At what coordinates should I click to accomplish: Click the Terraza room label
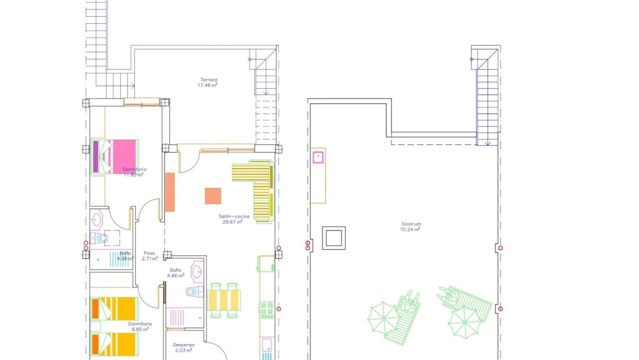pos(209,79)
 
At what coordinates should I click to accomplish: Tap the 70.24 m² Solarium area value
pos(411,230)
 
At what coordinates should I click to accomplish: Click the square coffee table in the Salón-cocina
pos(213,196)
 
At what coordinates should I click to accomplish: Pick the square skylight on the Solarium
pos(333,238)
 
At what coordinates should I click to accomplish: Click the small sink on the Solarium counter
pos(318,157)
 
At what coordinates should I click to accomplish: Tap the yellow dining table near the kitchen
pos(224,300)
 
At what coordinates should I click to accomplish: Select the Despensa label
pos(183,345)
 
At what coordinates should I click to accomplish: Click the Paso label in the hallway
pos(149,253)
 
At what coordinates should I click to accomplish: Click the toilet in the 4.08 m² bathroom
pos(101,238)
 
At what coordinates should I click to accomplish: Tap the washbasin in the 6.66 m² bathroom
pos(197,271)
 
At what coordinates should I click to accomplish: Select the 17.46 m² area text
pos(208,85)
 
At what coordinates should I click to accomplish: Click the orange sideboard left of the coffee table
pos(170,192)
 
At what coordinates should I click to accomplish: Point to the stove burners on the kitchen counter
pos(266,310)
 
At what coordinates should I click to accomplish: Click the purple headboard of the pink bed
pos(96,156)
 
